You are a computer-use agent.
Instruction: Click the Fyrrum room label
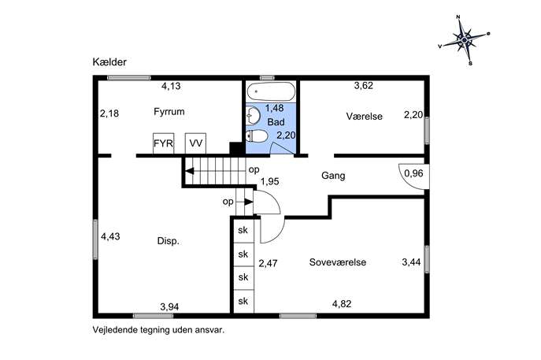click(x=169, y=112)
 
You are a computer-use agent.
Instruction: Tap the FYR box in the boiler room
click(x=163, y=143)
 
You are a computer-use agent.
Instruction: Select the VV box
click(x=195, y=143)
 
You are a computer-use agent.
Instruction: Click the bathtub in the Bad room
click(x=271, y=91)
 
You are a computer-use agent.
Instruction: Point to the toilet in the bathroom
click(x=257, y=136)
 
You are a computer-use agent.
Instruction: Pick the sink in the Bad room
click(x=253, y=115)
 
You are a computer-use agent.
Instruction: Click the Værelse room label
click(x=365, y=117)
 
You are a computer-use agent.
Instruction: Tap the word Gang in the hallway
click(x=333, y=176)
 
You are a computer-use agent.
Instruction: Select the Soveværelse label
click(x=337, y=262)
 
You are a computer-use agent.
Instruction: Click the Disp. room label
click(x=168, y=241)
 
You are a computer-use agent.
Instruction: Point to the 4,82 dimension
click(x=342, y=304)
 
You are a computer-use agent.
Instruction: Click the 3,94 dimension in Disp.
click(x=169, y=307)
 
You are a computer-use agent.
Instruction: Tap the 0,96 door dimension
click(x=413, y=173)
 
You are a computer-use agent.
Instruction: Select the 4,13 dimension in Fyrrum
click(x=171, y=86)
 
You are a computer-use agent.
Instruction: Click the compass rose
click(x=465, y=40)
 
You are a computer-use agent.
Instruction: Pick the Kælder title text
click(x=109, y=62)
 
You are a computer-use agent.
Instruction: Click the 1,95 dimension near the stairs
click(x=270, y=181)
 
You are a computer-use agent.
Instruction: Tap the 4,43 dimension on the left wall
click(x=110, y=236)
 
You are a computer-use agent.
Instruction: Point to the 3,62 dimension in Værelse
click(x=364, y=86)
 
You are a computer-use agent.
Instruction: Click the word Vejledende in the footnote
click(x=115, y=330)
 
